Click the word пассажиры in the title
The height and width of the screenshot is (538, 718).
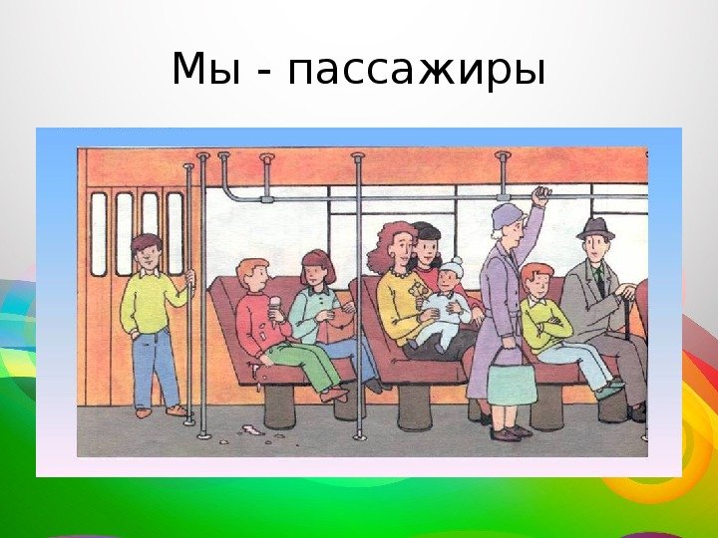click(416, 70)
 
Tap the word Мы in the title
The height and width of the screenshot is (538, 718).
click(205, 68)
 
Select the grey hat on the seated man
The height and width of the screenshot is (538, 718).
click(595, 229)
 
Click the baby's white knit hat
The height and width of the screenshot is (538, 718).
click(452, 267)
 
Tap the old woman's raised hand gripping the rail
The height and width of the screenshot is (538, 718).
click(540, 195)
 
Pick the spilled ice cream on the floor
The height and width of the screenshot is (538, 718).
click(251, 430)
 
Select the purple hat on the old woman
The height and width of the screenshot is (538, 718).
click(507, 216)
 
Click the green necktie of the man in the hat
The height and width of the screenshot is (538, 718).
click(600, 281)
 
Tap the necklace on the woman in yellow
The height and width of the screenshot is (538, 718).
click(401, 274)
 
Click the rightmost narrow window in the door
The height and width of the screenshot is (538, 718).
click(175, 233)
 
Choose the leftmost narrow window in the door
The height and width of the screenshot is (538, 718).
click(99, 234)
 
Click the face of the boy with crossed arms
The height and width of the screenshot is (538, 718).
click(538, 285)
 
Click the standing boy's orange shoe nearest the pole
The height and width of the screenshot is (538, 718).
click(177, 410)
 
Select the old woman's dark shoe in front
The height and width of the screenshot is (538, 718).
click(505, 434)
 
